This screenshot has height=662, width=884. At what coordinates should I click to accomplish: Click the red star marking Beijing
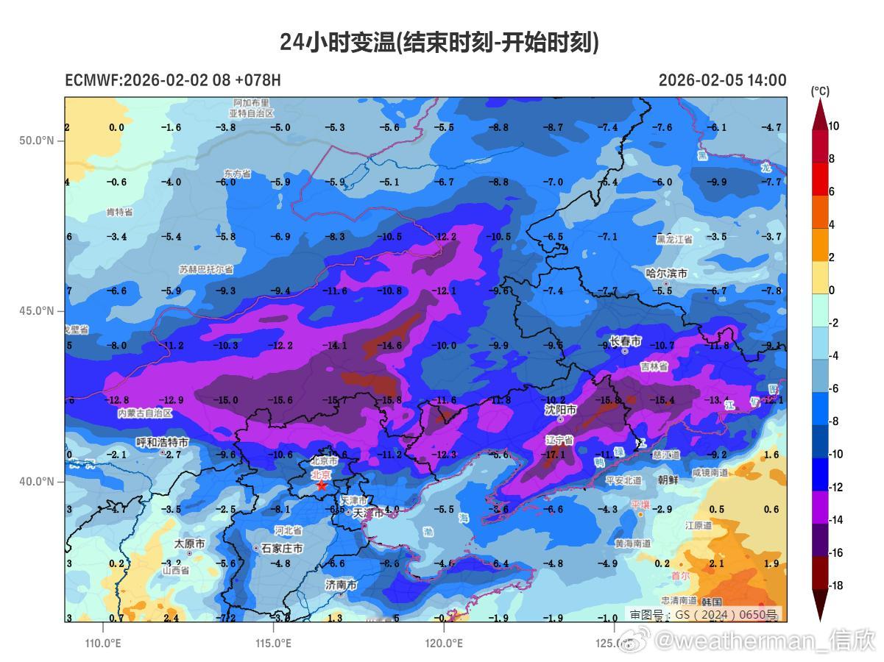(321, 485)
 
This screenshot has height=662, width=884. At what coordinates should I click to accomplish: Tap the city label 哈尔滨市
(666, 274)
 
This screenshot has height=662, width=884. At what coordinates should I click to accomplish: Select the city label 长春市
(625, 341)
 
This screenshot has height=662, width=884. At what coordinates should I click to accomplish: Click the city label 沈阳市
(560, 409)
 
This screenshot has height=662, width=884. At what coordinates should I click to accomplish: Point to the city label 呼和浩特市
(163, 442)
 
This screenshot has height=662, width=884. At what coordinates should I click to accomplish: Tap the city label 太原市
(189, 544)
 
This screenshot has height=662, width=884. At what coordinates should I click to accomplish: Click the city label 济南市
(341, 585)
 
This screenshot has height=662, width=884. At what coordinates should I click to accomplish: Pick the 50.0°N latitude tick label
(37, 140)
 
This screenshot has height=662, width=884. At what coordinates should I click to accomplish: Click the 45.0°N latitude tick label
(37, 310)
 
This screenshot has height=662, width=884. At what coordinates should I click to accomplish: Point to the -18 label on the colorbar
(836, 586)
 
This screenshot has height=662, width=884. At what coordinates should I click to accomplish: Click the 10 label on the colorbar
(833, 126)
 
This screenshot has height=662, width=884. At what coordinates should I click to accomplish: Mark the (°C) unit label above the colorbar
(820, 91)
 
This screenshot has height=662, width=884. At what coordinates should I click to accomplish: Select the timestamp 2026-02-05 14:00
(722, 80)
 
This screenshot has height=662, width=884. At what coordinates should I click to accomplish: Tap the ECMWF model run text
(173, 80)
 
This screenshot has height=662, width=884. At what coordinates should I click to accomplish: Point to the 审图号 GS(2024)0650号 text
(703, 614)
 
